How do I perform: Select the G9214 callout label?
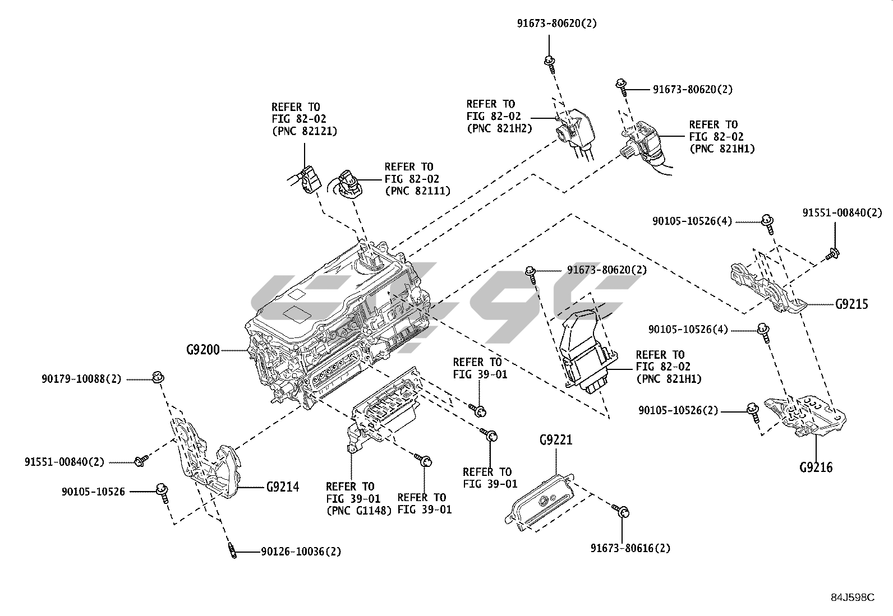click(x=283, y=487)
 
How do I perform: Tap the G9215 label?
click(x=851, y=304)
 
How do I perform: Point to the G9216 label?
click(x=816, y=467)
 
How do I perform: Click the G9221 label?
click(x=556, y=439)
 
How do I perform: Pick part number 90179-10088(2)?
click(x=81, y=379)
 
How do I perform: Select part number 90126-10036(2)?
click(x=301, y=552)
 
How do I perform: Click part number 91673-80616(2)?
click(x=630, y=548)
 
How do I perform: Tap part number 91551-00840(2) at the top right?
click(x=842, y=213)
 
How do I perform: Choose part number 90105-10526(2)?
click(x=678, y=411)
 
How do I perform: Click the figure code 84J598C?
click(x=853, y=598)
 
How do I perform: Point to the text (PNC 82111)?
click(x=417, y=191)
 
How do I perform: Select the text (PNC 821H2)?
click(x=499, y=128)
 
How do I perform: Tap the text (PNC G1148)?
click(x=359, y=510)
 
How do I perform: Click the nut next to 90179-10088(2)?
click(x=158, y=377)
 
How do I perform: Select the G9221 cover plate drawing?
click(x=540, y=500)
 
